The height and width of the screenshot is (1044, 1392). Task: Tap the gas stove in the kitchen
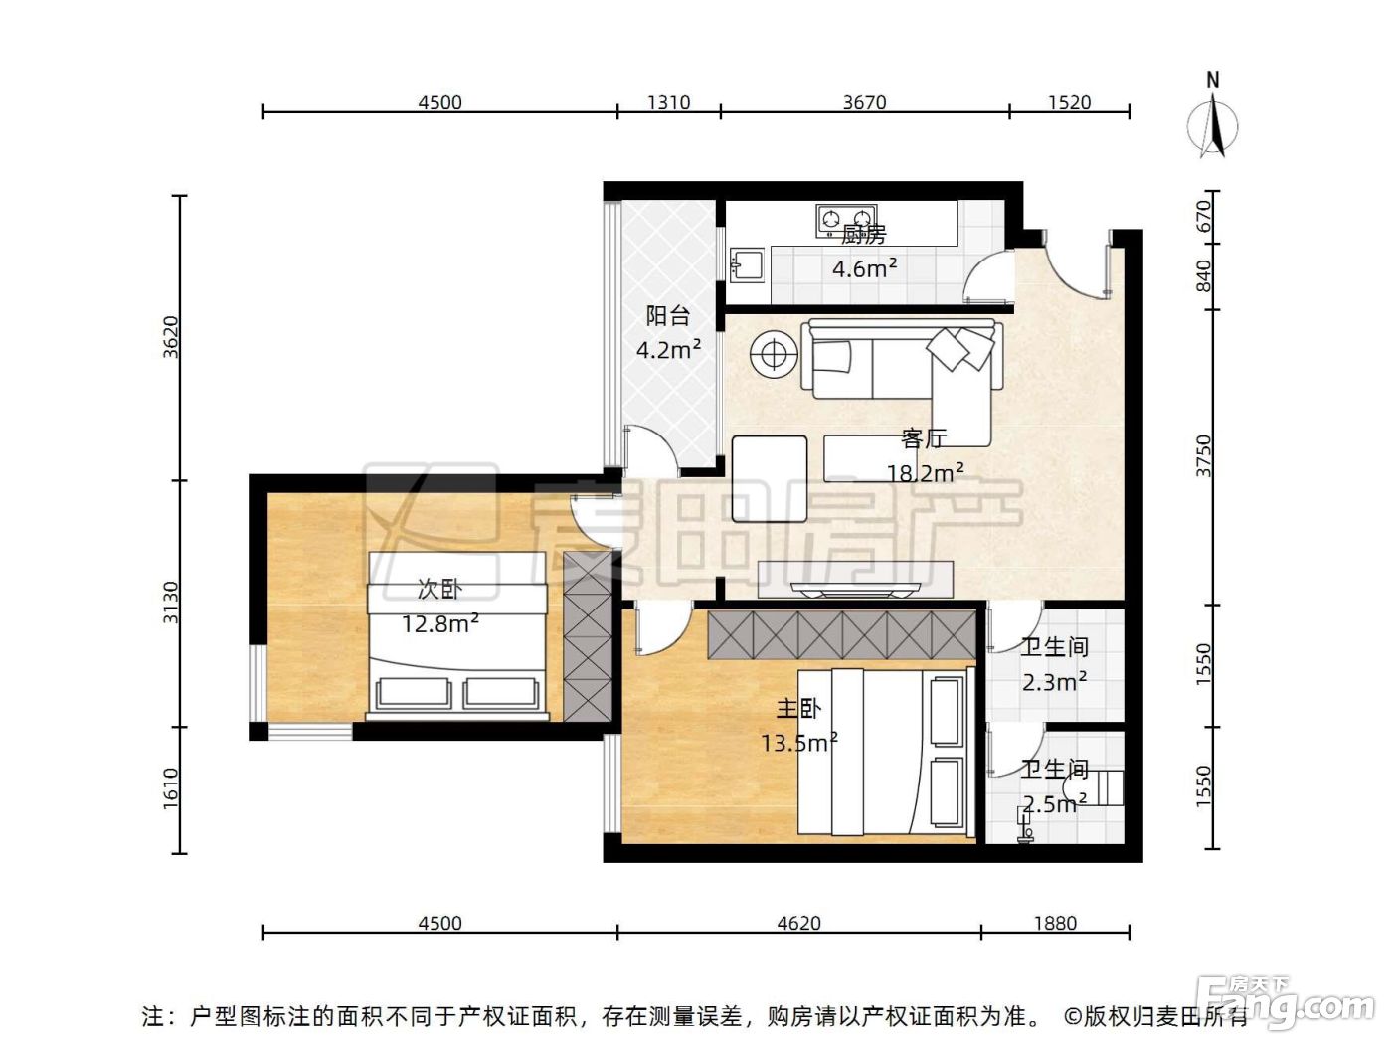(846, 220)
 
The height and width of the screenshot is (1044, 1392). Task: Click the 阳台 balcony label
(667, 315)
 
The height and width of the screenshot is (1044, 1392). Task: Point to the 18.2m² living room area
(925, 472)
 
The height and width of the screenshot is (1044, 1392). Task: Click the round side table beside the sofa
(773, 353)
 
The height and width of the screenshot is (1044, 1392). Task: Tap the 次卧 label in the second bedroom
(439, 590)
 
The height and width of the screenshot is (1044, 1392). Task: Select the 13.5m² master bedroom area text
(799, 741)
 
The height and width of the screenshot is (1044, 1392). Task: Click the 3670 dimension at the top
(864, 102)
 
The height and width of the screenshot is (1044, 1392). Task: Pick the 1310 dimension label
(668, 102)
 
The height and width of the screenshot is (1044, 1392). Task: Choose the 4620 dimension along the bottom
(798, 923)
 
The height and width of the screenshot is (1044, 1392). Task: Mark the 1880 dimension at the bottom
(1055, 923)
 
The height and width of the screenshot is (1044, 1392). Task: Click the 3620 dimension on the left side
(171, 337)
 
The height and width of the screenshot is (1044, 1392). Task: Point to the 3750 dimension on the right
(1203, 456)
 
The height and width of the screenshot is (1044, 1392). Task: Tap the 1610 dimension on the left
(171, 788)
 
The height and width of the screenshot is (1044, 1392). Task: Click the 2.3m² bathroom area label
(1054, 682)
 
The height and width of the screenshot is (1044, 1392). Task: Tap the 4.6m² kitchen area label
(864, 268)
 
